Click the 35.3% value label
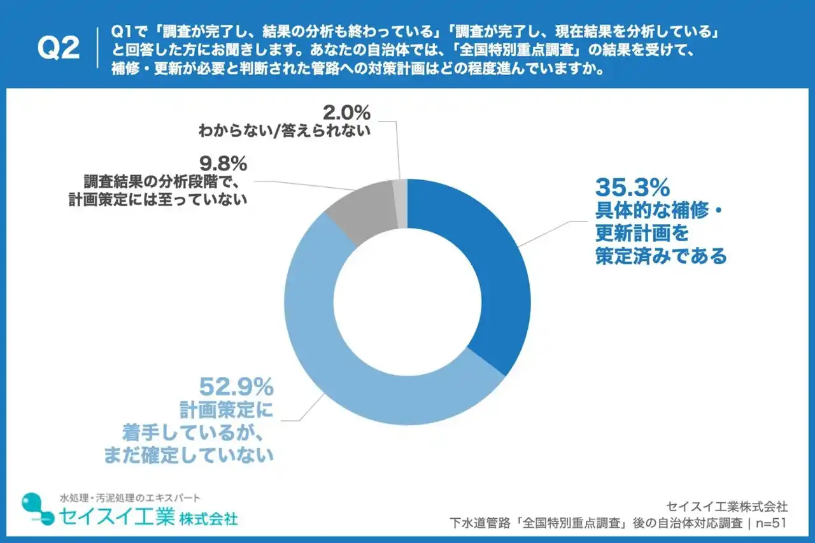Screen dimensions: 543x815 [632, 188]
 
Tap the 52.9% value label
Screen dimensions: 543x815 [236, 386]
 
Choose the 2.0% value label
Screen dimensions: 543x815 [346, 113]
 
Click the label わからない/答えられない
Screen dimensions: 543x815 [284, 132]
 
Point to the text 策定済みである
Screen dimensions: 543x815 [660, 257]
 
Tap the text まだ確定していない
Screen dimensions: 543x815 [188, 455]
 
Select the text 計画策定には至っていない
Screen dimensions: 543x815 [157, 199]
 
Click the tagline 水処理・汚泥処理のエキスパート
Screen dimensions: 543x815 [130, 497]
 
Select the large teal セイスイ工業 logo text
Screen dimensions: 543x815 [117, 516]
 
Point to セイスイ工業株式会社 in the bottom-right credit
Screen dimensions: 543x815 [726, 507]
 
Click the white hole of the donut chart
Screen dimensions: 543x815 [407, 302]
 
